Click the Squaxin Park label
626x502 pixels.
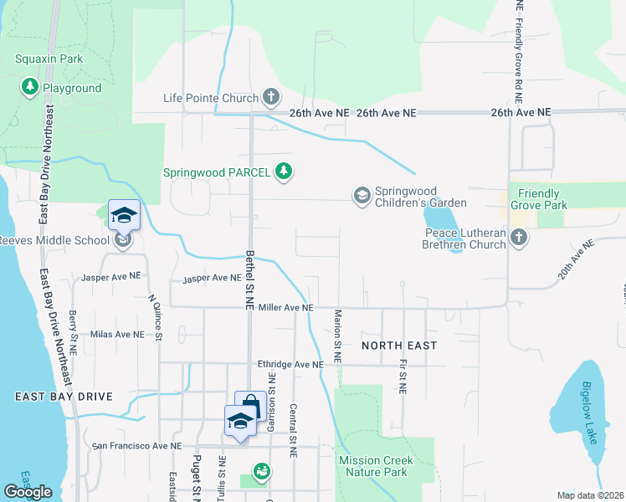[x=49, y=59]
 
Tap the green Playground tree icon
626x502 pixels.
[x=30, y=87]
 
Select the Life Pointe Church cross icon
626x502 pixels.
[x=271, y=98]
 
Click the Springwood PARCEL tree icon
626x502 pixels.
[x=285, y=172]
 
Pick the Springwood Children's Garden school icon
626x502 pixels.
[x=362, y=196]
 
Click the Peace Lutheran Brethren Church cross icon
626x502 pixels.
[x=519, y=238]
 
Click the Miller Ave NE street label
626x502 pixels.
[x=285, y=308]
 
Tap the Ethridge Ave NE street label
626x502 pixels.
[x=290, y=365]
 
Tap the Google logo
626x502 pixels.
[x=28, y=492]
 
